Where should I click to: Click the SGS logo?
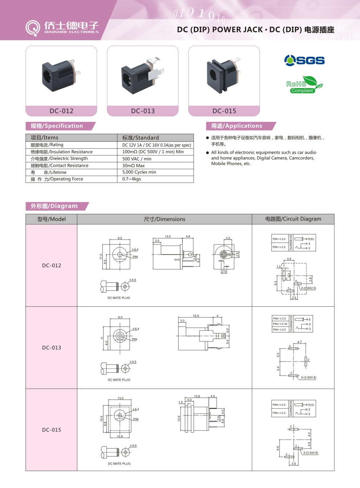tap(304, 60)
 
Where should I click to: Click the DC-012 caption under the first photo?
tap(61, 111)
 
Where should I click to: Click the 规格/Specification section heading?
tap(57, 126)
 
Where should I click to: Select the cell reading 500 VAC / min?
tap(137, 159)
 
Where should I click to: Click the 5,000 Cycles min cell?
tap(139, 172)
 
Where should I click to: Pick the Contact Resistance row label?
tap(60, 166)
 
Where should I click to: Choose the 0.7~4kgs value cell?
tap(131, 179)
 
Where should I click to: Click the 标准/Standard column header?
tap(140, 138)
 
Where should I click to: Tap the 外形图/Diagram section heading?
tap(54, 206)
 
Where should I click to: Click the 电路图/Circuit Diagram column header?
tap(293, 219)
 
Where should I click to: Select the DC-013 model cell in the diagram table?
tap(52, 348)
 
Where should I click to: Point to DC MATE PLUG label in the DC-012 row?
tap(119, 298)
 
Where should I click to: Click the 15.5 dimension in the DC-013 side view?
tap(196, 316)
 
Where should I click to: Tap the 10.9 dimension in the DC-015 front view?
tap(120, 437)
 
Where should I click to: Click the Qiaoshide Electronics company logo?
tap(62, 28)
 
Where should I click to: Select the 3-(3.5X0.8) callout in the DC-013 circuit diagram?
tap(308, 378)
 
